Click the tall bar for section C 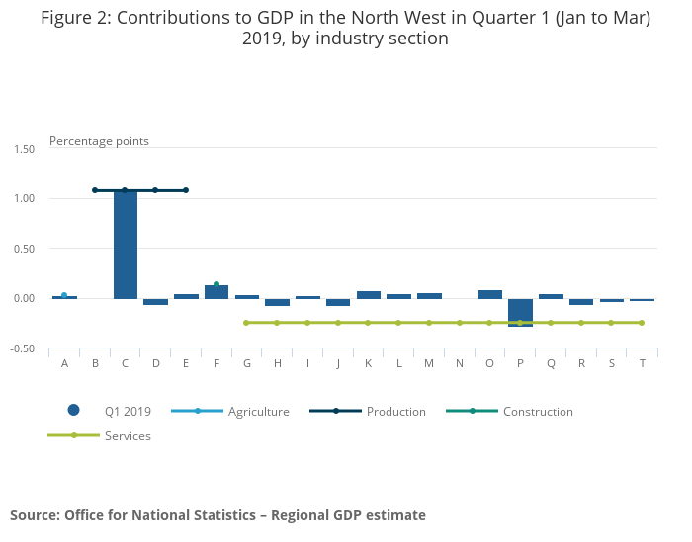point(126,244)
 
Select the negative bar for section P point(521,312)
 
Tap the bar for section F point(216,292)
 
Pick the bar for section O point(490,294)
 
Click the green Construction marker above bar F point(216,284)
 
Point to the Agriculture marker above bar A point(64,295)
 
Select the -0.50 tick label point(22,349)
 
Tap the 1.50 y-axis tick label point(23,149)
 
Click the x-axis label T point(643,364)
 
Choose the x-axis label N point(460,364)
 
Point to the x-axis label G point(246,364)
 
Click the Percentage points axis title point(99,141)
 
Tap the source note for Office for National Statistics point(217,515)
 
